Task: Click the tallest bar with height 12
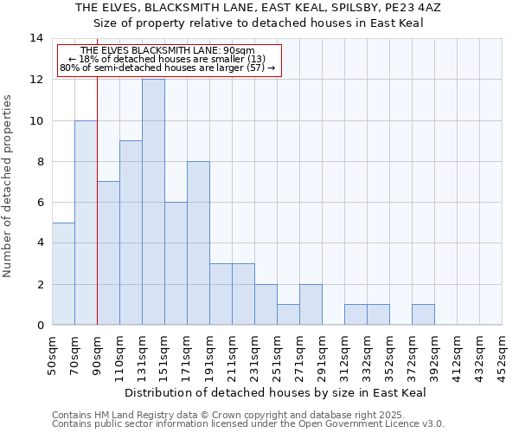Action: pos(153,202)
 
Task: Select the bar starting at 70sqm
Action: pos(86,223)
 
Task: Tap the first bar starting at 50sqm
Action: pos(63,274)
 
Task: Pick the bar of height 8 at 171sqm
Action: pos(198,242)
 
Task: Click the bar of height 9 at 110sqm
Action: pos(131,233)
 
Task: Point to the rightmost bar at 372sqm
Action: pos(423,314)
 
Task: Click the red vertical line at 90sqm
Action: pos(97,199)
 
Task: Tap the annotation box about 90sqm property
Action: pos(169,60)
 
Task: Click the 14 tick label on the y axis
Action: pos(35,39)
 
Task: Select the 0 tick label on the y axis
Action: pos(39,326)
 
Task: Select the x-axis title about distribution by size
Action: pos(275,393)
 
